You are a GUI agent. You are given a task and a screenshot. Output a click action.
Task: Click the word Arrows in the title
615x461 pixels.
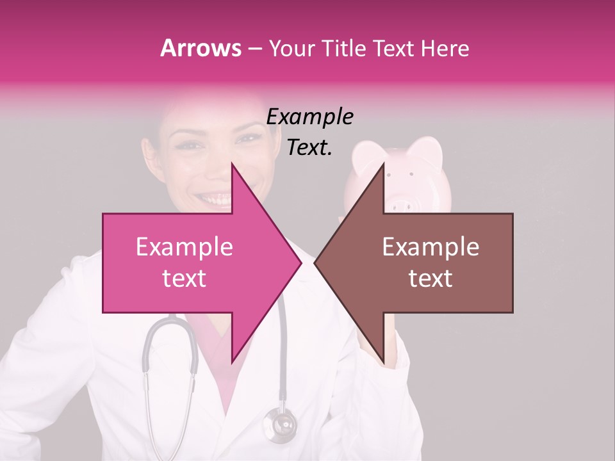[x=201, y=48]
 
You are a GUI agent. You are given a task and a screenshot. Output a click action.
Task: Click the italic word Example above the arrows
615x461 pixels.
[x=309, y=117]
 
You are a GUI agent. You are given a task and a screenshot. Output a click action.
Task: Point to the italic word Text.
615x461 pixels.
[x=309, y=148]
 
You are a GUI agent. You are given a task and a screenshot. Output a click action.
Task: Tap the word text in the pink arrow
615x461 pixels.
[x=184, y=278]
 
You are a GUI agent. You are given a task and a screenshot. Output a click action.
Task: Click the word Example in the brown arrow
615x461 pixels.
[x=430, y=247]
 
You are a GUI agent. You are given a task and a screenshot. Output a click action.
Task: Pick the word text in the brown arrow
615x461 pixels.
[x=430, y=278]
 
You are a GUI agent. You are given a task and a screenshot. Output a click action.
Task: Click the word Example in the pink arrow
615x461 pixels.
[x=184, y=247]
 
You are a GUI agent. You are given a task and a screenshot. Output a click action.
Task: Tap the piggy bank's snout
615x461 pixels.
[x=400, y=205]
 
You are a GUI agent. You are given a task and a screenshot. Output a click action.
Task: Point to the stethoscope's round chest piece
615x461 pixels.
[x=280, y=425]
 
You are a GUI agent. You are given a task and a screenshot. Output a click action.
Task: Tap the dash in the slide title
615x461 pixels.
[x=254, y=49]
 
